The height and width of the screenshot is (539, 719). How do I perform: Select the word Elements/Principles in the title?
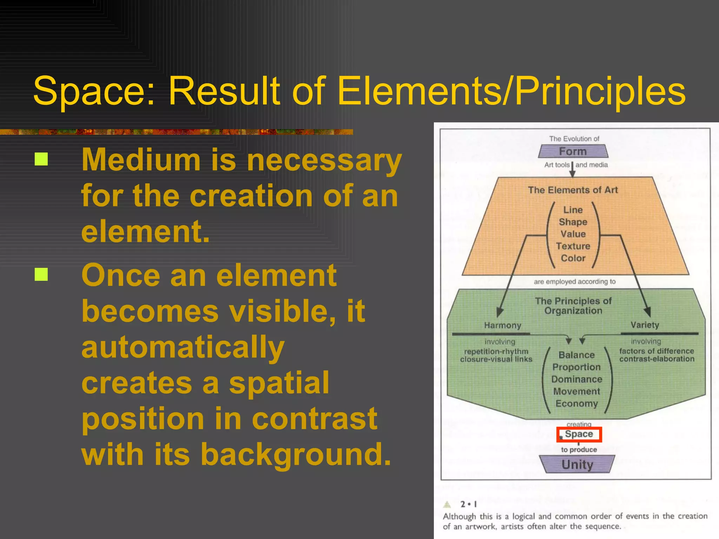tap(511, 92)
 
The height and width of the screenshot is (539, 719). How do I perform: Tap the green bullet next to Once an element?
tap(41, 274)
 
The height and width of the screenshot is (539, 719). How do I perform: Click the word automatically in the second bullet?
tap(183, 347)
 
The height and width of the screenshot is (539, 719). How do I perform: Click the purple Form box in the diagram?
tap(573, 152)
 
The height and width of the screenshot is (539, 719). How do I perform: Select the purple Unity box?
tap(577, 464)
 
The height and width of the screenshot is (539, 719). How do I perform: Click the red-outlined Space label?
tap(579, 434)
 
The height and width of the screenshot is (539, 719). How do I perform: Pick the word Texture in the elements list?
tap(573, 246)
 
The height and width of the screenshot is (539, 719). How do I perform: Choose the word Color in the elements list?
tap(573, 258)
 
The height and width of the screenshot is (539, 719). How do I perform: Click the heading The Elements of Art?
tap(573, 190)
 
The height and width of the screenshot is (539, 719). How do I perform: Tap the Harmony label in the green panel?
tap(502, 326)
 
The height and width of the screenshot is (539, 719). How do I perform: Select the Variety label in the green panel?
tap(645, 325)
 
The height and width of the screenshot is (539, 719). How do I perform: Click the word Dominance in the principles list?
tap(576, 379)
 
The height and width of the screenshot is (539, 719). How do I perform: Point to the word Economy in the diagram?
tap(576, 404)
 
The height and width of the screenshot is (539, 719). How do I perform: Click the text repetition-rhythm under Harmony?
tap(496, 352)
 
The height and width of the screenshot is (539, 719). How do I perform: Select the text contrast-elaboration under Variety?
tap(657, 359)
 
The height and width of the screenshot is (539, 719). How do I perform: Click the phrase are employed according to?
tap(575, 282)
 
